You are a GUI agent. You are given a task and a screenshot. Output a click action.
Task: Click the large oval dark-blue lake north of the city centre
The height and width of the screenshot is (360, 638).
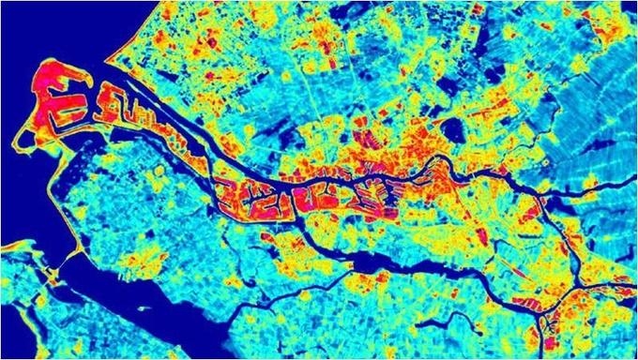coord(454,131)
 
